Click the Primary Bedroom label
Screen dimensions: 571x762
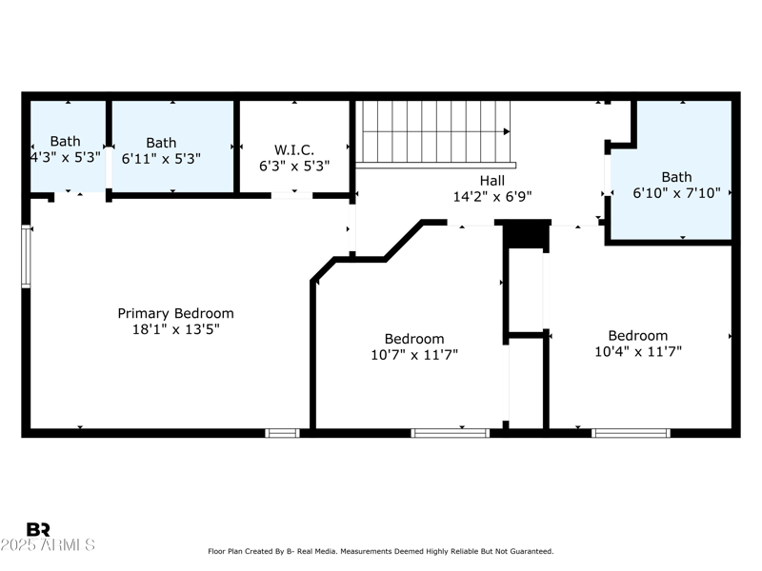coord(175,313)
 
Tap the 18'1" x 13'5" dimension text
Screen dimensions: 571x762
coord(175,329)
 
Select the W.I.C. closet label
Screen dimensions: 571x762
coord(294,149)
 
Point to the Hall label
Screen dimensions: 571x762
coord(491,181)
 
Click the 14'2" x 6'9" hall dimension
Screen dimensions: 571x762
coord(491,197)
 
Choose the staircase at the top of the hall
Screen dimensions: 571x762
coord(435,132)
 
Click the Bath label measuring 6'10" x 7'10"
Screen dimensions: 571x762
coord(676,177)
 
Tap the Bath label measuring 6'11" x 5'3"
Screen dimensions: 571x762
coord(161,143)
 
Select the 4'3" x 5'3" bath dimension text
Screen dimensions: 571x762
coord(66,158)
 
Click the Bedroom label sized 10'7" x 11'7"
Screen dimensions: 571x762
coord(414,339)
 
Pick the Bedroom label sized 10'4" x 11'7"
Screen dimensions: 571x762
coord(638,335)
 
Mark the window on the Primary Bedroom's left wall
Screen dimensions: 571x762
coord(27,256)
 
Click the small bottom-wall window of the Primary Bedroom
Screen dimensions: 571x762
coord(282,433)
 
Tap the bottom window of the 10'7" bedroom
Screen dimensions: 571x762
coord(450,433)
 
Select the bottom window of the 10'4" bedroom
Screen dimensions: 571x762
coord(631,433)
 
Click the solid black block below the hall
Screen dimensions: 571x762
coord(526,234)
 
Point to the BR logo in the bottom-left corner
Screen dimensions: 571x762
coord(39,530)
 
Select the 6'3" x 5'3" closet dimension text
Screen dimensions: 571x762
coord(294,166)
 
